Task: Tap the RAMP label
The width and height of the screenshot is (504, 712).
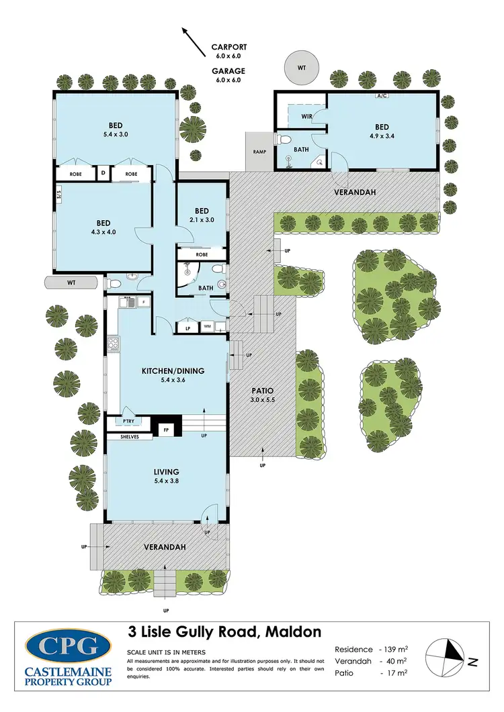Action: coord(259,151)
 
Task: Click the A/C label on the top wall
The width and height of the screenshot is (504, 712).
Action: coord(382,96)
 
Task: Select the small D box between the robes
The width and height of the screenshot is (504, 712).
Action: coord(103,174)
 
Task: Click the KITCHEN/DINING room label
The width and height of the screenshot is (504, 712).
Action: coord(173,370)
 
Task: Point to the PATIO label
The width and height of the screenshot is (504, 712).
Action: coord(262,390)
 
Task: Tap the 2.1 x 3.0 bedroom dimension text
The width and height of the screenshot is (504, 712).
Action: coord(202,220)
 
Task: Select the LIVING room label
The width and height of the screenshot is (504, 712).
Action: coord(165,471)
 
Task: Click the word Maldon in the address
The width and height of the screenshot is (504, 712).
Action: coord(294,631)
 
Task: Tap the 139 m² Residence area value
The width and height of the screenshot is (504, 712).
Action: coord(396,650)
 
